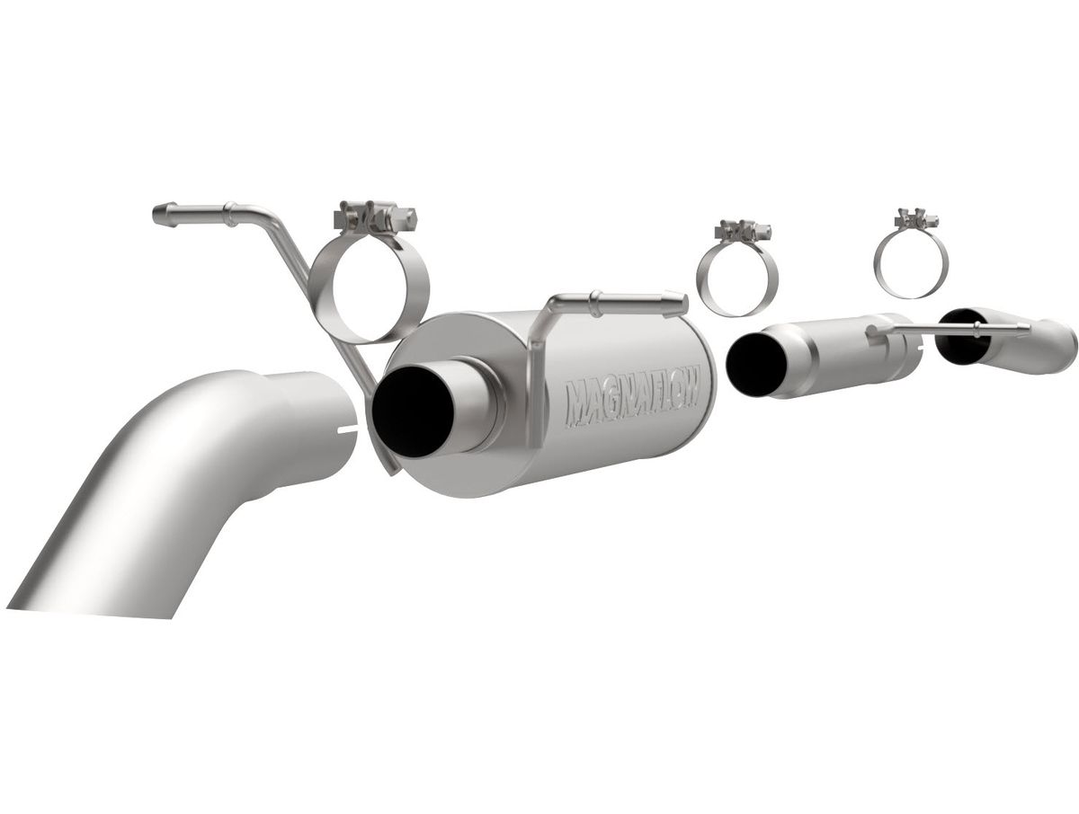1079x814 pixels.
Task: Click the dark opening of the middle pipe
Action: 754,363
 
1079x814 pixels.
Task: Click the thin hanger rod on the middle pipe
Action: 946,331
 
